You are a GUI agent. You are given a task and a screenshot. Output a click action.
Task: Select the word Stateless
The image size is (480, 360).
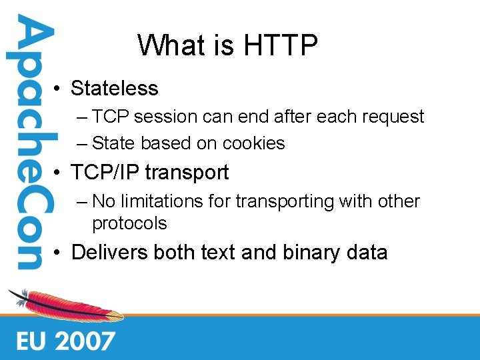tap(115, 89)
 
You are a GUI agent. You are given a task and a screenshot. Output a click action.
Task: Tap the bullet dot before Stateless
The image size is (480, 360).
tap(59, 89)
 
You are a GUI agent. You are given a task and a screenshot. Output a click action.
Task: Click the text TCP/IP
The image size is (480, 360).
tap(106, 173)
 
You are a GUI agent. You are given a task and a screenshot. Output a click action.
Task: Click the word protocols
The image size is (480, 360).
tap(129, 223)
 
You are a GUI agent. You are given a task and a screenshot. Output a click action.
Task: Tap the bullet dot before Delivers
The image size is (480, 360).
tap(59, 253)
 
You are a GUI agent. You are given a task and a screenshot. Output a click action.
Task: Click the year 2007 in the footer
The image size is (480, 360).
tap(85, 341)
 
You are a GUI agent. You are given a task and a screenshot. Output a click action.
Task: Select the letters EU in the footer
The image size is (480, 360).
tap(31, 341)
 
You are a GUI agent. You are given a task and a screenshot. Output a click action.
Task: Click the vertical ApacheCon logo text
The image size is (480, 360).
tap(28, 143)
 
